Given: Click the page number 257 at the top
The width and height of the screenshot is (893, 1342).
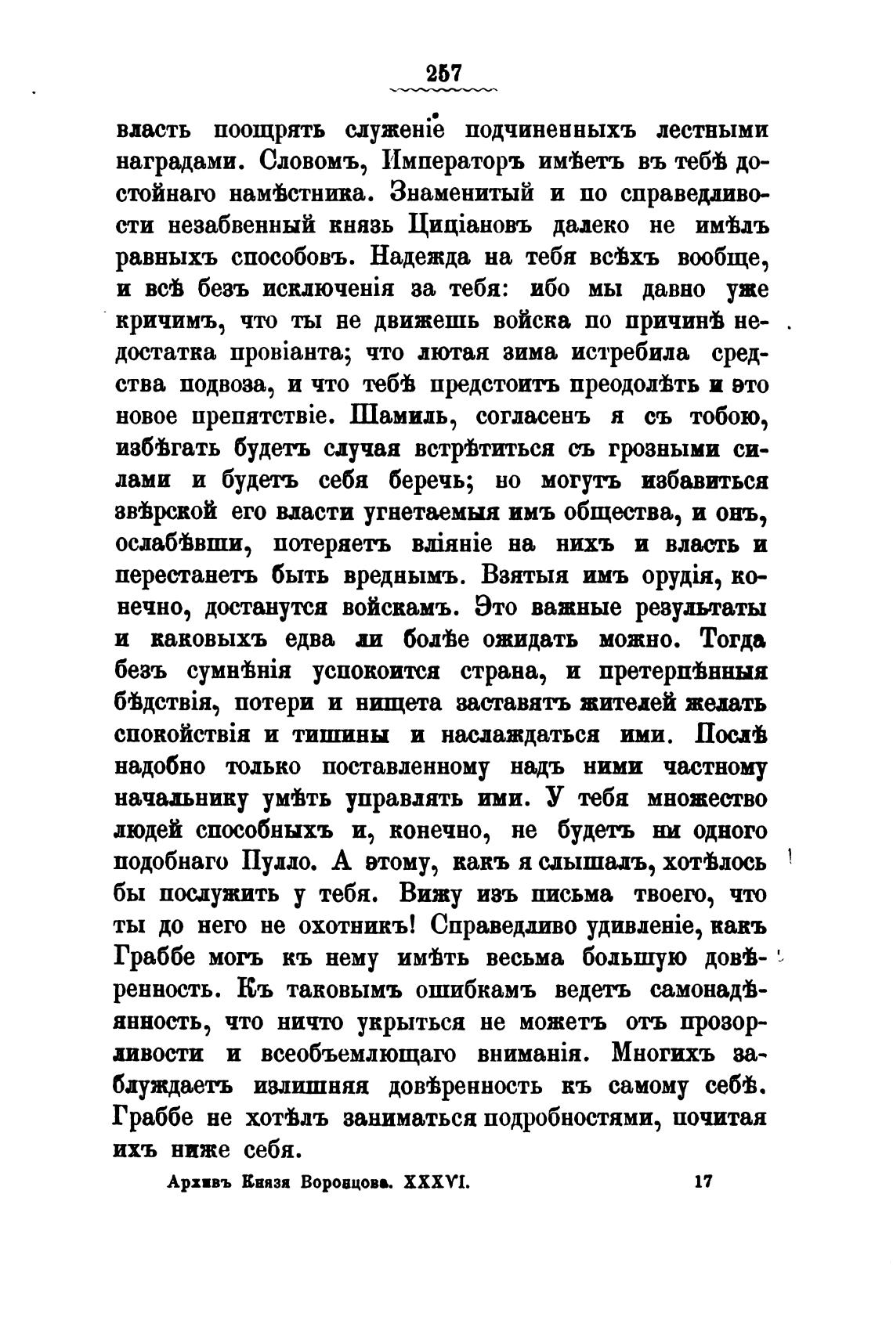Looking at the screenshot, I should [x=443, y=73].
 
